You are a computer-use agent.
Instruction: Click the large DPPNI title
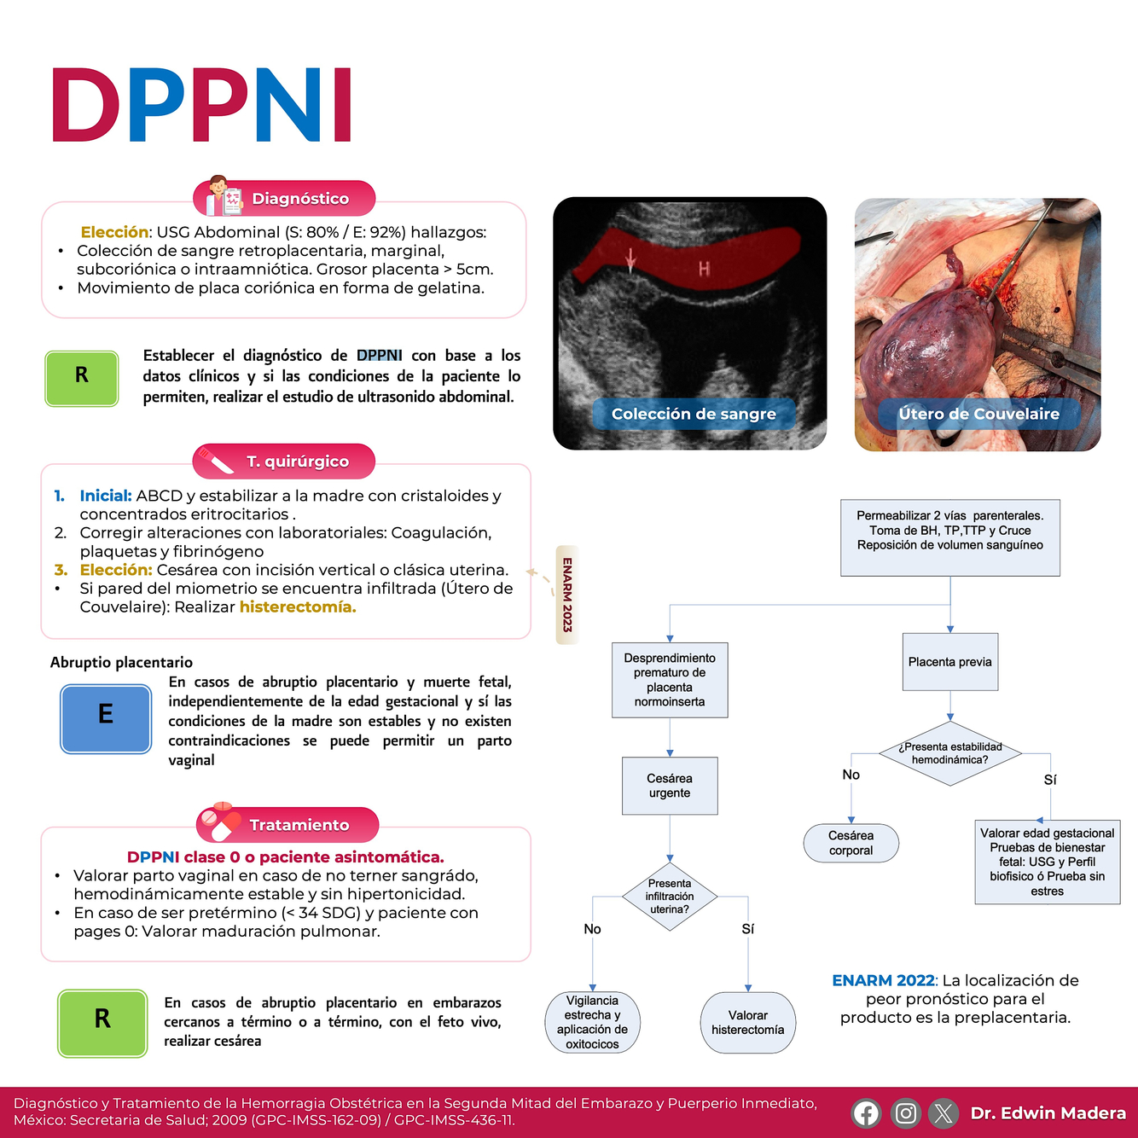point(202,105)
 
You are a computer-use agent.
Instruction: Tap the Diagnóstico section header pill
point(285,199)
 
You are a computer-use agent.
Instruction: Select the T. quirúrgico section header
point(285,462)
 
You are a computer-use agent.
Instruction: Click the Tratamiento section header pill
point(288,825)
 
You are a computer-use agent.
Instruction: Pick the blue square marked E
point(106,718)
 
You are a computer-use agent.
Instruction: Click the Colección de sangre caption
point(694,414)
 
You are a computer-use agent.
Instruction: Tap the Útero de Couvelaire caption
point(978,414)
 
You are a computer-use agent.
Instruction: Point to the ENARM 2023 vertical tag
point(567,595)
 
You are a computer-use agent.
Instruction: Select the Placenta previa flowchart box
point(949,662)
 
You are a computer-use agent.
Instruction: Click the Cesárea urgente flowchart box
point(670,786)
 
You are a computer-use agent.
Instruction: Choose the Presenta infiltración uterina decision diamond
point(670,897)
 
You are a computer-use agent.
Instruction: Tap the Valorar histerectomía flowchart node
point(748,1022)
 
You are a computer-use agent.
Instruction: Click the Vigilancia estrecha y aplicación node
point(592,1022)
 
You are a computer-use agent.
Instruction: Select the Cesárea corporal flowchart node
point(851,843)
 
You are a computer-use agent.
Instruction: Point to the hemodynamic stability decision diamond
point(949,753)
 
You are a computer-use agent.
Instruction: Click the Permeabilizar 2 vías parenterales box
point(949,537)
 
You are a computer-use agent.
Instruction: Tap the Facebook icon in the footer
point(866,1113)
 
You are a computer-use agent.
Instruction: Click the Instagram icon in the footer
point(905,1113)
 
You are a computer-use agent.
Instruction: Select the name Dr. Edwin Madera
point(1048,1113)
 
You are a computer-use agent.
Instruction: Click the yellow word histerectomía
point(298,607)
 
